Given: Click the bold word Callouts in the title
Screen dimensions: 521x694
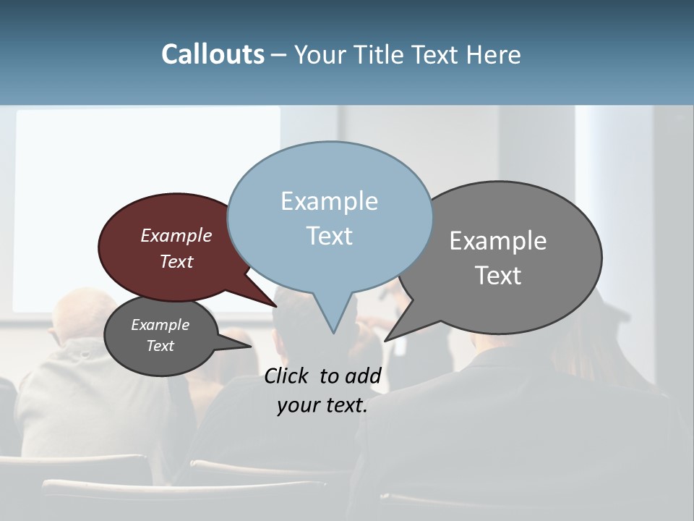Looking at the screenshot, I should coord(213,54).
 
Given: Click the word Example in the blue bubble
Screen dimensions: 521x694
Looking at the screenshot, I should coord(329,201).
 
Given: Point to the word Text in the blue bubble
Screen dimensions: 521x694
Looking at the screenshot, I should coord(329,236).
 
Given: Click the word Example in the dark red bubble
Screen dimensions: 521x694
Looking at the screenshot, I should coord(176,235).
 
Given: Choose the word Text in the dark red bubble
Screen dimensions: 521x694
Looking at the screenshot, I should coord(176,261).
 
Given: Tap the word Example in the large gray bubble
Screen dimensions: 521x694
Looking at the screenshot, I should coord(498,240).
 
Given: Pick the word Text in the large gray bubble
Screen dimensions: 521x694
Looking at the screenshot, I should coord(498,275).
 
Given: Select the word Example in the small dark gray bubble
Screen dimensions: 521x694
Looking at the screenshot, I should coord(160,325).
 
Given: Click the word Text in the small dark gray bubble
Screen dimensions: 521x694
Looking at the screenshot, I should coord(160,346).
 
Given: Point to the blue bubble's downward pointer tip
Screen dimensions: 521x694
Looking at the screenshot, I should coord(333,332).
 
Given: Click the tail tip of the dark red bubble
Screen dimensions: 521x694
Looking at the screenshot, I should coord(275,305).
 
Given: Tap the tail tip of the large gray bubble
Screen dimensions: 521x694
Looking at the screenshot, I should coord(386,339).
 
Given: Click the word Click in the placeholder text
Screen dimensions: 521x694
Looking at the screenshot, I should coord(288,376).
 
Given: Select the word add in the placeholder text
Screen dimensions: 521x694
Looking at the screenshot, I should coord(363,376).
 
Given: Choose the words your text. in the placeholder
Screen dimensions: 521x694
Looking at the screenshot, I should coord(322,405).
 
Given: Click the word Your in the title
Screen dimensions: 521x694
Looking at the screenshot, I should coord(318,55).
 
